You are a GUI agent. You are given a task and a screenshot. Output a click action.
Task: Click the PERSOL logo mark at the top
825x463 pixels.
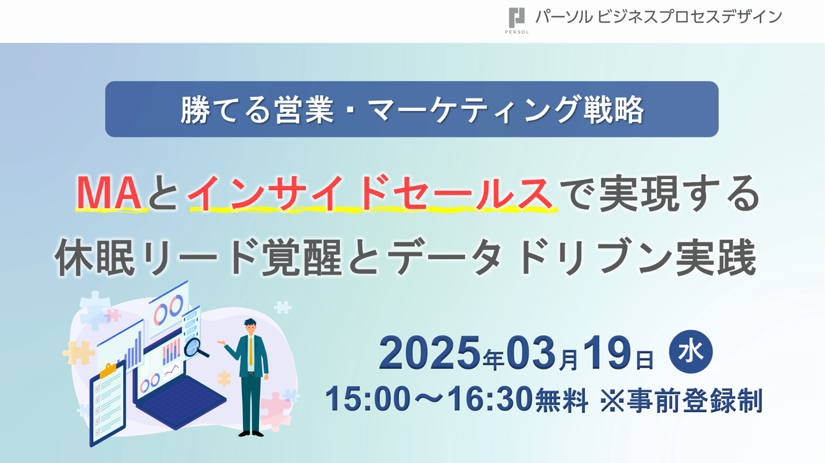point(517,18)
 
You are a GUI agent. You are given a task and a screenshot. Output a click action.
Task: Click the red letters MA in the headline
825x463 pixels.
point(109,193)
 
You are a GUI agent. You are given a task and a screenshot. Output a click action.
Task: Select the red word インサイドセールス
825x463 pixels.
point(370,193)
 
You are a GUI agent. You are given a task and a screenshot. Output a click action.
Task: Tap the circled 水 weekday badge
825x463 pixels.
point(690,351)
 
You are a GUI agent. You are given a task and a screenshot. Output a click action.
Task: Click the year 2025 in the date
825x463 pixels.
point(430,353)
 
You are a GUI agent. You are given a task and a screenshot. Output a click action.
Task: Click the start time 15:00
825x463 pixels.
point(368,399)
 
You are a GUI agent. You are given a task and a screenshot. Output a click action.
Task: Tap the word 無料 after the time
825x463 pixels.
point(561,400)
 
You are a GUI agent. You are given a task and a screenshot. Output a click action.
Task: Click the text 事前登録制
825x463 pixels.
point(695,400)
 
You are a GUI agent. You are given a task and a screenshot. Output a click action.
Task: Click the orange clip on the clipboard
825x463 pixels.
point(109,370)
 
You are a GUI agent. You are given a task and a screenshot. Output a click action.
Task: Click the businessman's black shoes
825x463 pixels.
point(251,433)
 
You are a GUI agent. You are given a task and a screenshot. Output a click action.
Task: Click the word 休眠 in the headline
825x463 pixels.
point(95,257)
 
